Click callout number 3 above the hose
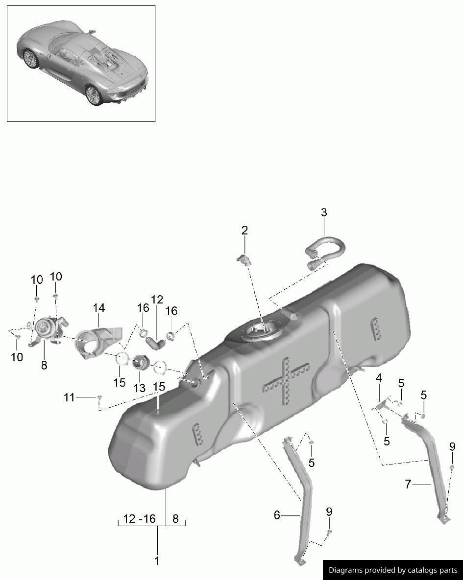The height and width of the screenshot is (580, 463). coord(324,213)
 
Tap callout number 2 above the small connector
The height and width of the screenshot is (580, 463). coord(244,231)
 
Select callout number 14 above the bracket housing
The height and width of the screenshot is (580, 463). coord(99,308)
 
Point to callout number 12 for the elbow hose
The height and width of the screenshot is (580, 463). coord(157,300)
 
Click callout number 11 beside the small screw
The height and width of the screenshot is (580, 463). coord(69,398)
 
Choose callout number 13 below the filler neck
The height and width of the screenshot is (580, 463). coord(140,388)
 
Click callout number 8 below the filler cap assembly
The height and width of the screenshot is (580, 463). coord(44,365)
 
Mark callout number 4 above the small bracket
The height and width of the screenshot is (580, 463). coord(379,378)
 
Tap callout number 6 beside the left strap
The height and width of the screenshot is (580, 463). coord(277,515)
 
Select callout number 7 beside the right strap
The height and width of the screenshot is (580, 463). coord(408,485)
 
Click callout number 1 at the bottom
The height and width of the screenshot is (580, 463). coord(157,561)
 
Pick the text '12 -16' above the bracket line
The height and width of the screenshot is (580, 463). coord(140,519)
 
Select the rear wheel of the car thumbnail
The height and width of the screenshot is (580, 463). coord(94,94)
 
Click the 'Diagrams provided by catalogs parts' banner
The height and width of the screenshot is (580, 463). coord(392,570)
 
